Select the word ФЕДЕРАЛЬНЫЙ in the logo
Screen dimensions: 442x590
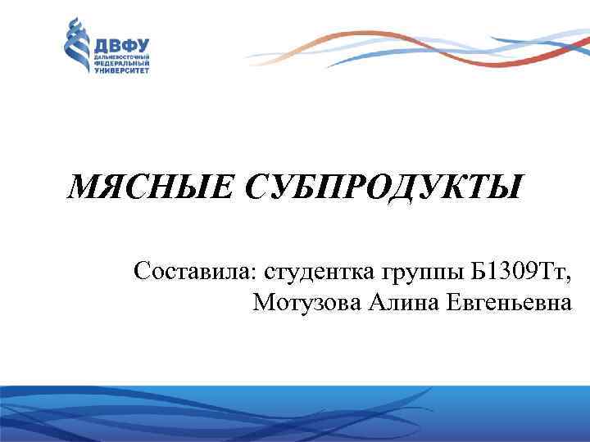click(x=123, y=63)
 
